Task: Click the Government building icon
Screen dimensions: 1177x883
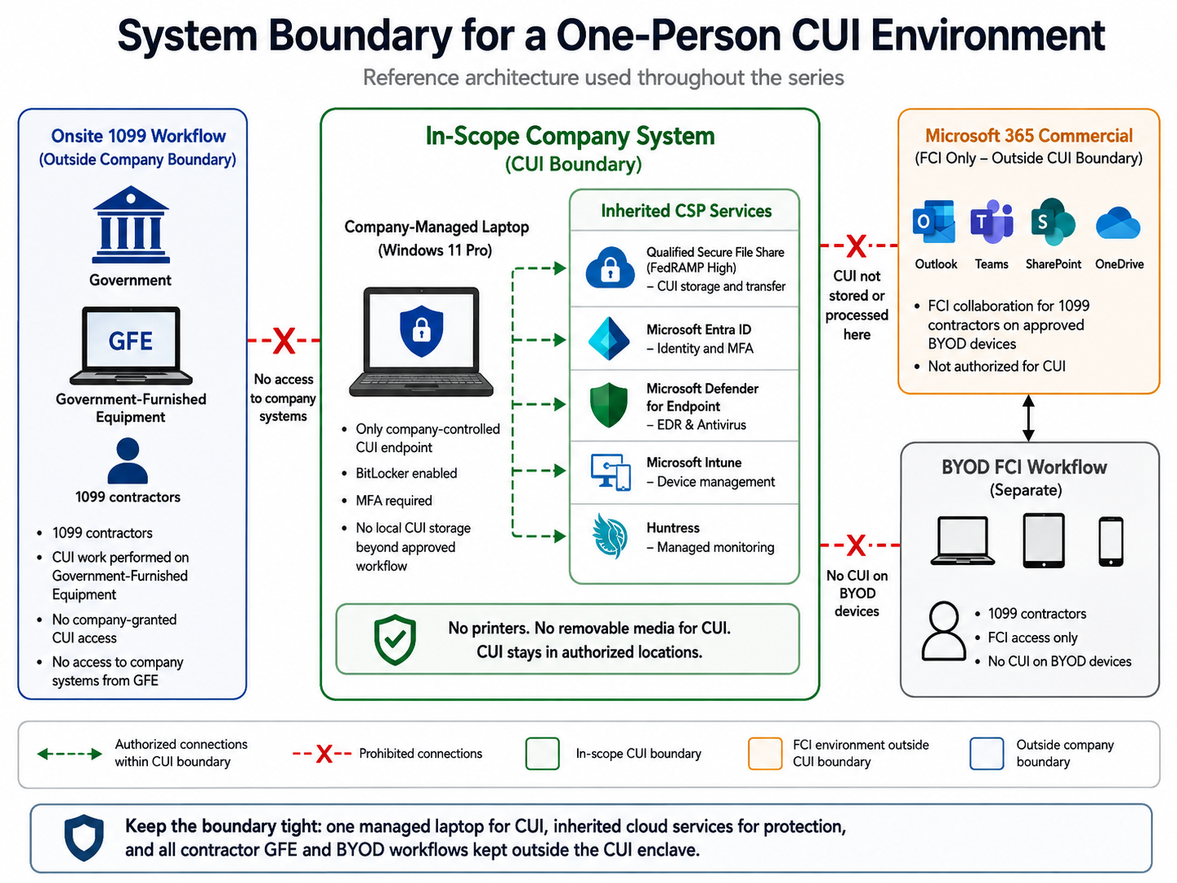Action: [x=131, y=224]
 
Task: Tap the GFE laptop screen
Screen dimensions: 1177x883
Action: [x=131, y=339]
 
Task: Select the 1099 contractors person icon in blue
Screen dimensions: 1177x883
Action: [x=128, y=461]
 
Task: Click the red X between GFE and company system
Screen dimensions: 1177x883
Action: [x=284, y=341]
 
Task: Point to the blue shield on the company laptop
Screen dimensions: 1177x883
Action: [x=422, y=331]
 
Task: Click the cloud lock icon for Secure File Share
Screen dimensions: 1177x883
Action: [x=610, y=268]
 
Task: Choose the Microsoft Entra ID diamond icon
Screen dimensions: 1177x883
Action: [x=609, y=339]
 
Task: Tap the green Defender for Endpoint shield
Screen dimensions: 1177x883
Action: [x=609, y=405]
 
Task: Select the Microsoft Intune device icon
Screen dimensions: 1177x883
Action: [x=610, y=472]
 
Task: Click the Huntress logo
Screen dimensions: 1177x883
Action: [x=610, y=536]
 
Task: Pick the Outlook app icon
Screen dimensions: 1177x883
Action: [x=934, y=222]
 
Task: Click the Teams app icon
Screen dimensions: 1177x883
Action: [x=992, y=222]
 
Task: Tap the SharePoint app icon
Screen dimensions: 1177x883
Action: [x=1053, y=222]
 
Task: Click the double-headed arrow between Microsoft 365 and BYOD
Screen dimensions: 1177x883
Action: [x=1028, y=418]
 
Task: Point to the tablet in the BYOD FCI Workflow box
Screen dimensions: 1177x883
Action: [x=1043, y=541]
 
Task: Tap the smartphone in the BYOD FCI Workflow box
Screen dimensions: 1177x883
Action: [x=1110, y=542]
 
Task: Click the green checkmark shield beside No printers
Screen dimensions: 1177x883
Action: [x=395, y=640]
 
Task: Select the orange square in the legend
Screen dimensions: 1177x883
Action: [x=765, y=753]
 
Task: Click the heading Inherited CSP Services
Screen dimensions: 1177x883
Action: [x=686, y=211]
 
